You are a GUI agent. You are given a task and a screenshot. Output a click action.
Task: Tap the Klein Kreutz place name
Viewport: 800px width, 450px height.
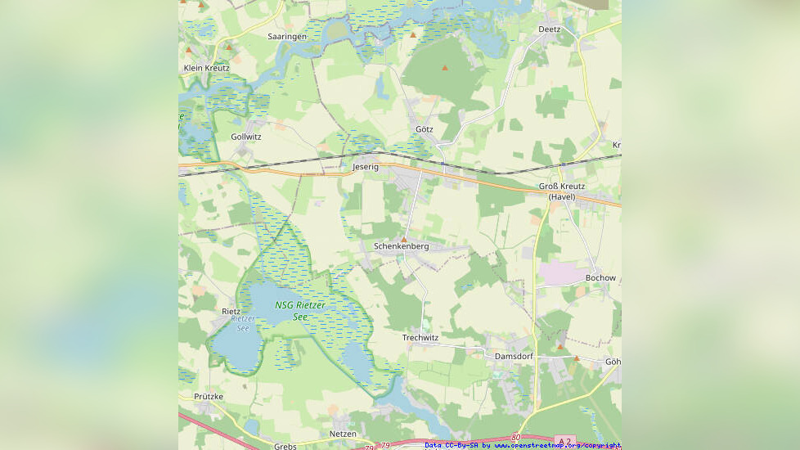click(x=206, y=68)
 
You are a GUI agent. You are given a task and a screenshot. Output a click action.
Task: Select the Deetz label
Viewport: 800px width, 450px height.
click(x=549, y=29)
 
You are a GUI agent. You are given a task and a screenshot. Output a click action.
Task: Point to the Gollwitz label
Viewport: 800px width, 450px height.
click(x=246, y=137)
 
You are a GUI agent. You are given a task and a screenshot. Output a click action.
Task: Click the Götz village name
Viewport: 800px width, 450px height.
click(x=424, y=129)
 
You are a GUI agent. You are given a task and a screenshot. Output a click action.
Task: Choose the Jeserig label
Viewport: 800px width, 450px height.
click(x=366, y=166)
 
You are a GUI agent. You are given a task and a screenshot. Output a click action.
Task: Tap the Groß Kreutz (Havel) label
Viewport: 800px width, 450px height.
click(x=562, y=191)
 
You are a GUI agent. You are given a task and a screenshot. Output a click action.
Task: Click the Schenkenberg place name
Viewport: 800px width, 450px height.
click(x=401, y=246)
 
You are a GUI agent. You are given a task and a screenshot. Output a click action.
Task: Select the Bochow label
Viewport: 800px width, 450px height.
click(x=600, y=278)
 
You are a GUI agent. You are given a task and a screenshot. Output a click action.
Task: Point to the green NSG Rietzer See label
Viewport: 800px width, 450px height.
click(x=299, y=310)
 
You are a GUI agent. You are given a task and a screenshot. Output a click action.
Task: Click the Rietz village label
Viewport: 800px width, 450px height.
click(x=231, y=312)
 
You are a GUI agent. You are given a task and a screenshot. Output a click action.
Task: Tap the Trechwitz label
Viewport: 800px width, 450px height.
click(x=420, y=338)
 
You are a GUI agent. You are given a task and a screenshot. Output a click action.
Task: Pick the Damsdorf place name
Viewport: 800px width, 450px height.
click(x=514, y=357)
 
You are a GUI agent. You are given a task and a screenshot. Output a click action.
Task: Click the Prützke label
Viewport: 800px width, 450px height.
click(x=209, y=396)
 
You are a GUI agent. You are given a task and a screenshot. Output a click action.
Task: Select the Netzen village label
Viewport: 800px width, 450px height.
click(x=343, y=433)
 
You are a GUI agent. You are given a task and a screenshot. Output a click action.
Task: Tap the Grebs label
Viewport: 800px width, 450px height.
click(x=285, y=447)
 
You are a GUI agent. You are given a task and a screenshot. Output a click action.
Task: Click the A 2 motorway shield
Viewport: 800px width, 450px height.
click(x=565, y=440)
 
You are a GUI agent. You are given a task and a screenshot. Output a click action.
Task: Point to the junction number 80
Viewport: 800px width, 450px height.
click(x=515, y=438)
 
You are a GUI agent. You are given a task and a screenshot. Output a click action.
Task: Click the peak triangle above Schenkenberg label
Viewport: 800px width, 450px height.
click(x=403, y=239)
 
